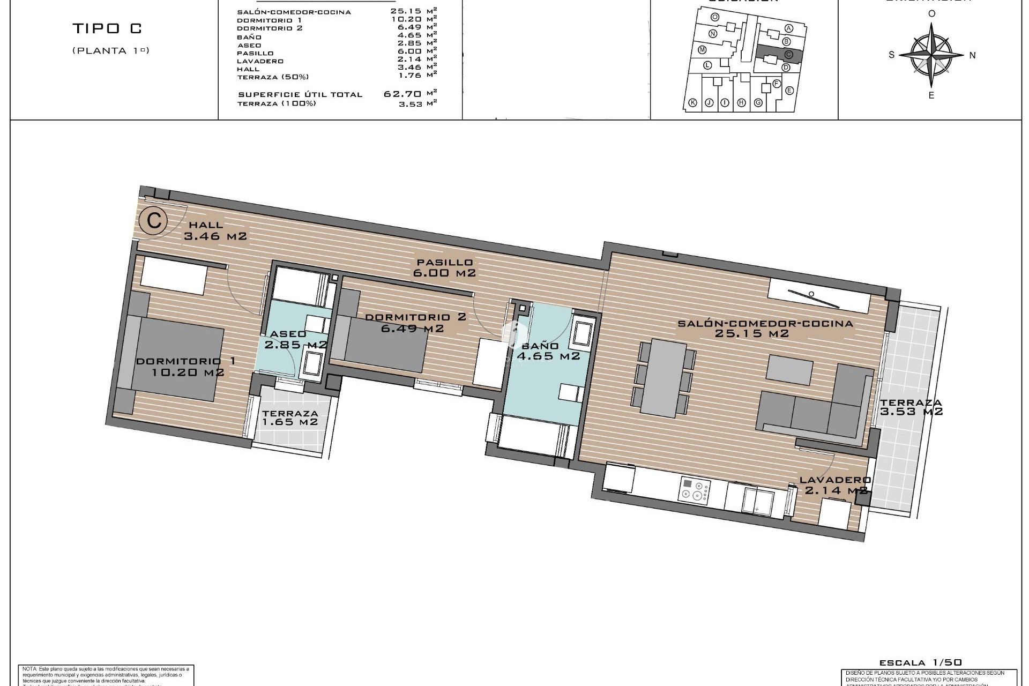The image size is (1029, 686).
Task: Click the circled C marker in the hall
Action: point(154,220)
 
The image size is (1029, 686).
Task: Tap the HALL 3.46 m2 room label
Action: point(215,230)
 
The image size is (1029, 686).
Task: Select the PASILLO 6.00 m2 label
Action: point(444,267)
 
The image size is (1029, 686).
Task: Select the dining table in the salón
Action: point(663,378)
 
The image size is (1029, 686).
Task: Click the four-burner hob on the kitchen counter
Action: point(695,489)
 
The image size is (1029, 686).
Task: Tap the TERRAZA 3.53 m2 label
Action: point(911,407)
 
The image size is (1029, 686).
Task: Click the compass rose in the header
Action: point(932,55)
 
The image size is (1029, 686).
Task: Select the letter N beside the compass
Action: point(973,55)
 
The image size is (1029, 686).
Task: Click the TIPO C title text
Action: point(108,28)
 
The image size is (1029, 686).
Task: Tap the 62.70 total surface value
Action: point(402,94)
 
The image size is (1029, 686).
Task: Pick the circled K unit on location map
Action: point(692,103)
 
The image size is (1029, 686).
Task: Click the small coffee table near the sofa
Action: point(789,369)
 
